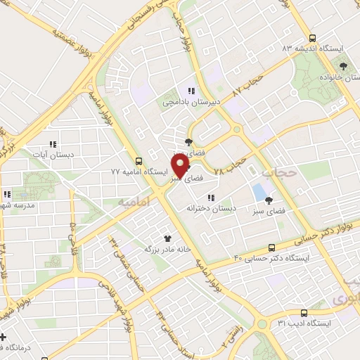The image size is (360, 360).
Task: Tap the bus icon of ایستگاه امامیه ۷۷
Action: (139, 160)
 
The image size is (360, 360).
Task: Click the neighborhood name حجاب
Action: (276, 170)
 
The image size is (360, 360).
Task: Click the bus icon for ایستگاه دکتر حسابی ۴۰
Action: (272, 247)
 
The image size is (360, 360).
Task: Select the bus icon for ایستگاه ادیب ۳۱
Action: (304, 312)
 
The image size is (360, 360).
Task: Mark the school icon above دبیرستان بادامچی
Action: (191, 91)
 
